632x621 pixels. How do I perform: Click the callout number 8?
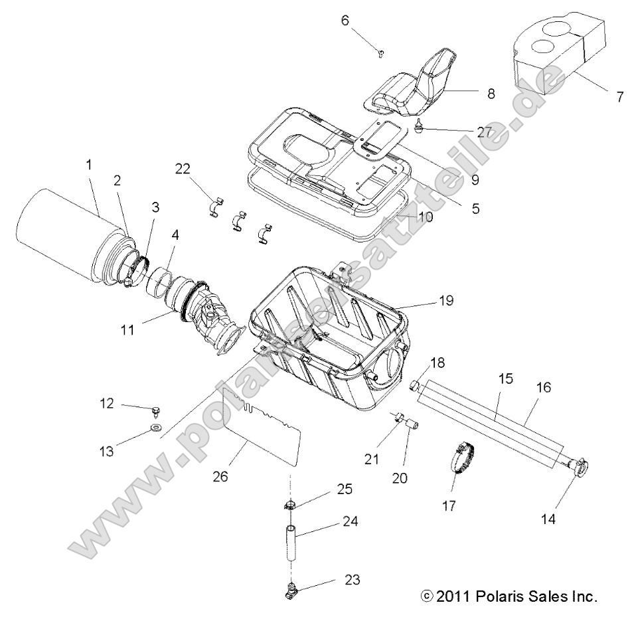[x=491, y=94]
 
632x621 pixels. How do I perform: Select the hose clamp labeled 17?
[x=465, y=457]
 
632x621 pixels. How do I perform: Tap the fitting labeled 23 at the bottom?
[x=292, y=586]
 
